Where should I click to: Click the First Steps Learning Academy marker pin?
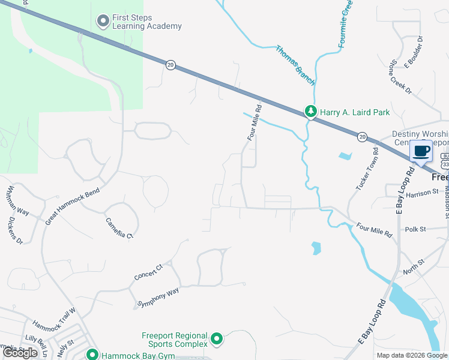tap(103, 22)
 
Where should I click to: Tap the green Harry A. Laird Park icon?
tap(310, 112)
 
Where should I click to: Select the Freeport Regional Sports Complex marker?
tap(217, 340)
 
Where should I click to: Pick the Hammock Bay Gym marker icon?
tap(92, 355)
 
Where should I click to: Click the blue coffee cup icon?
tap(421, 151)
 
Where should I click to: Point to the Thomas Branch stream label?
tap(295, 64)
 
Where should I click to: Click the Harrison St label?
tap(423, 193)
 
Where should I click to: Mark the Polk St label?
tap(415, 229)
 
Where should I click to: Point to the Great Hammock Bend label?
tap(71, 205)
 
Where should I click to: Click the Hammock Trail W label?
tap(54, 320)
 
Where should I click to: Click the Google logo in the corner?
tap(20, 352)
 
